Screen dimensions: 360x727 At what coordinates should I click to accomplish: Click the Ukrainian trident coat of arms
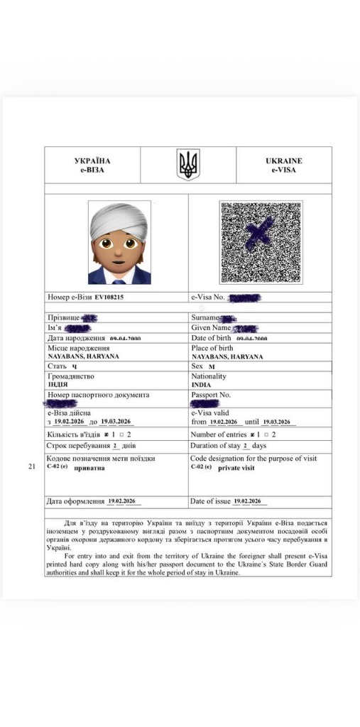[188, 165]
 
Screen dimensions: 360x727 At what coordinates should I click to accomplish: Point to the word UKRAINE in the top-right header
[283, 161]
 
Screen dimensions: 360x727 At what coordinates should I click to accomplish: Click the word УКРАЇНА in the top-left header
[92, 161]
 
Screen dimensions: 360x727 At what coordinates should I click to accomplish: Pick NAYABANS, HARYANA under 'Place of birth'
[227, 357]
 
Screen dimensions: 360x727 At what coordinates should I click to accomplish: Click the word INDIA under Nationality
[201, 385]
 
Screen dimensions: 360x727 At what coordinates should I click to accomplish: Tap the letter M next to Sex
[212, 366]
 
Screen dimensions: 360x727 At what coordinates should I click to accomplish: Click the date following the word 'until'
[277, 422]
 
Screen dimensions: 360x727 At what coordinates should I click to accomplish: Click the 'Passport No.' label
[211, 394]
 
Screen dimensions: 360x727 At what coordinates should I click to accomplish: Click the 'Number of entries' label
[219, 434]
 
